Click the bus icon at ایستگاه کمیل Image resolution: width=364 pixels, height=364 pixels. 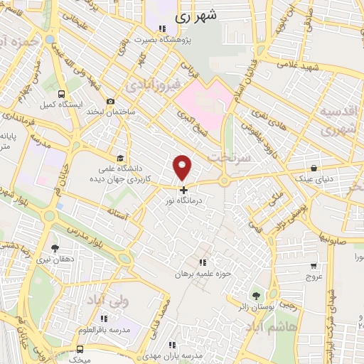click(x=61, y=94)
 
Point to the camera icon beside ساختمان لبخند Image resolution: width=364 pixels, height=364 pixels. click(x=110, y=102)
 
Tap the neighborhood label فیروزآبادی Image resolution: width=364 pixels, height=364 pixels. click(x=152, y=86)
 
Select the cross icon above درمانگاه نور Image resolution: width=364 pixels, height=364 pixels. click(x=183, y=191)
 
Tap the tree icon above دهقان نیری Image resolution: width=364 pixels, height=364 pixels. click(x=55, y=248)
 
